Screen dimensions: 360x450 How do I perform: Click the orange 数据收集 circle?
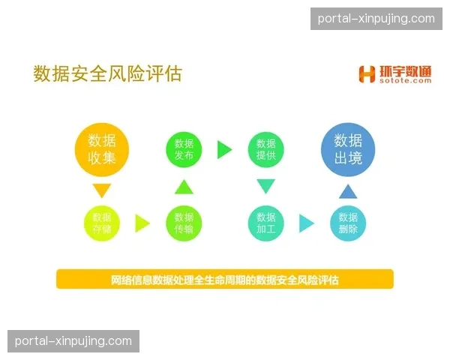(x=102, y=148)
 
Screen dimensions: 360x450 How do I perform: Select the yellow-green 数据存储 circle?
(x=102, y=223)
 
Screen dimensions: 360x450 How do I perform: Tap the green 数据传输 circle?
(x=184, y=223)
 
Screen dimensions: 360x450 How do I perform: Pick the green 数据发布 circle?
(x=184, y=149)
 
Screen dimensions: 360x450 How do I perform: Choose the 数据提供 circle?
(x=266, y=149)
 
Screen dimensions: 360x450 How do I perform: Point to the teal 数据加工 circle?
(x=266, y=223)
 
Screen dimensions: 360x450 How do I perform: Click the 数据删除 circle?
(x=348, y=223)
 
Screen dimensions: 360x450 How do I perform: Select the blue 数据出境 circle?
(x=348, y=148)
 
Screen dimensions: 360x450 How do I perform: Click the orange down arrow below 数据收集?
(x=102, y=190)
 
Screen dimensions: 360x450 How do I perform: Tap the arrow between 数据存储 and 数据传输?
(x=142, y=223)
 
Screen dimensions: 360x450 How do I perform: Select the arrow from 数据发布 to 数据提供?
(x=224, y=149)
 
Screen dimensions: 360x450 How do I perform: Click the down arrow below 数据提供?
(x=266, y=187)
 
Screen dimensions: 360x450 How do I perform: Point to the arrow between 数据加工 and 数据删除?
(x=306, y=223)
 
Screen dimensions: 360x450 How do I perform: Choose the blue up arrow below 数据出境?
(x=348, y=190)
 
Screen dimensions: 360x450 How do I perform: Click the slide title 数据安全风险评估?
(x=108, y=73)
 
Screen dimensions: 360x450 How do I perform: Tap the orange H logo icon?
(x=367, y=74)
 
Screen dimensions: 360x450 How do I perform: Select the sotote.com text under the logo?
(x=405, y=81)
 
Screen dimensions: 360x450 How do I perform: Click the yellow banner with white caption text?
(x=224, y=280)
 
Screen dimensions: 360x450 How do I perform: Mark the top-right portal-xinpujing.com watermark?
(x=376, y=19)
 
